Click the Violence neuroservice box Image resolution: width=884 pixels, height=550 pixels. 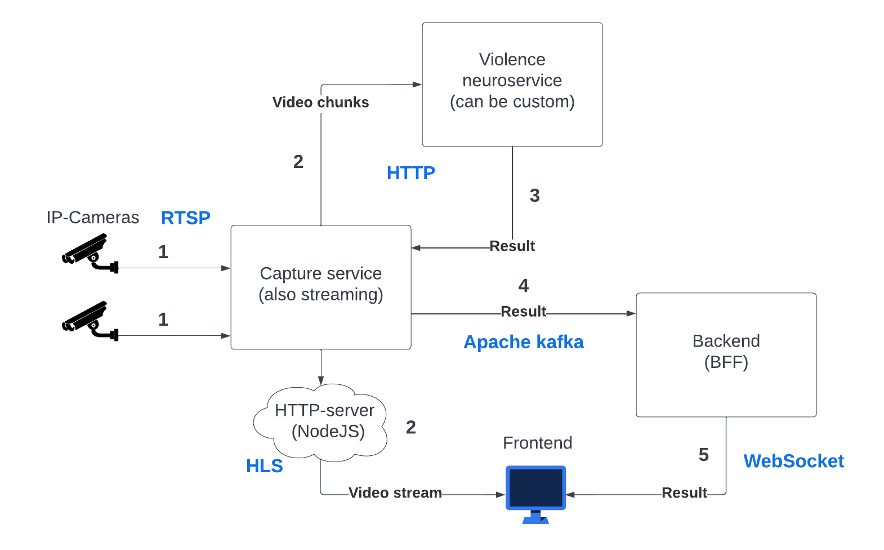(512, 85)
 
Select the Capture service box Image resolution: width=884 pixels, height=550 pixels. (320, 287)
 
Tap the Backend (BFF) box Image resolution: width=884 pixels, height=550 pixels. (726, 355)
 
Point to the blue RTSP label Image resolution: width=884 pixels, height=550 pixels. (185, 218)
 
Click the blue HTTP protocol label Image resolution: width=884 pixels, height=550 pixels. (410, 173)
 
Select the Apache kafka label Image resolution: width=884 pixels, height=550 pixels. (523, 342)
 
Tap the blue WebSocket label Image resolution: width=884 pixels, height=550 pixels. (793, 461)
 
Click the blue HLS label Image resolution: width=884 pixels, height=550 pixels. (264, 466)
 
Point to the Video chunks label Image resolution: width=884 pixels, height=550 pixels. (320, 103)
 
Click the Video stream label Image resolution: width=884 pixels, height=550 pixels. (395, 493)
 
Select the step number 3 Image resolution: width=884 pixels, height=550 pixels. (534, 196)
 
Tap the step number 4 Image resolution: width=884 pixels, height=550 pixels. (523, 286)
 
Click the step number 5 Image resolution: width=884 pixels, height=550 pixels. (703, 455)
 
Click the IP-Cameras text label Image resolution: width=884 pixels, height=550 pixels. (93, 218)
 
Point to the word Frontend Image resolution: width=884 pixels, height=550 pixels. (537, 443)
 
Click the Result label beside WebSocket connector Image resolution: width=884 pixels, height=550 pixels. (684, 493)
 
